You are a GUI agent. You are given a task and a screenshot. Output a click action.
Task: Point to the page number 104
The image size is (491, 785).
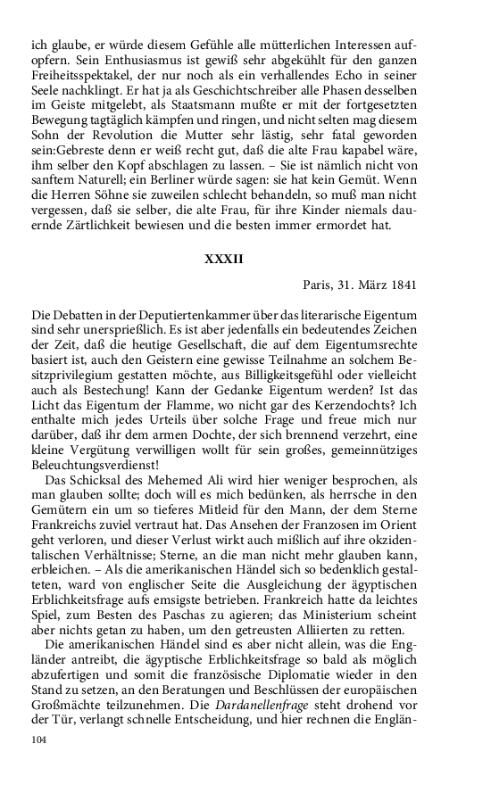click(x=38, y=740)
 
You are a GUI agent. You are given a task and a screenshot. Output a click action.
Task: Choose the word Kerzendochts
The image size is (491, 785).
click(x=349, y=419)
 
